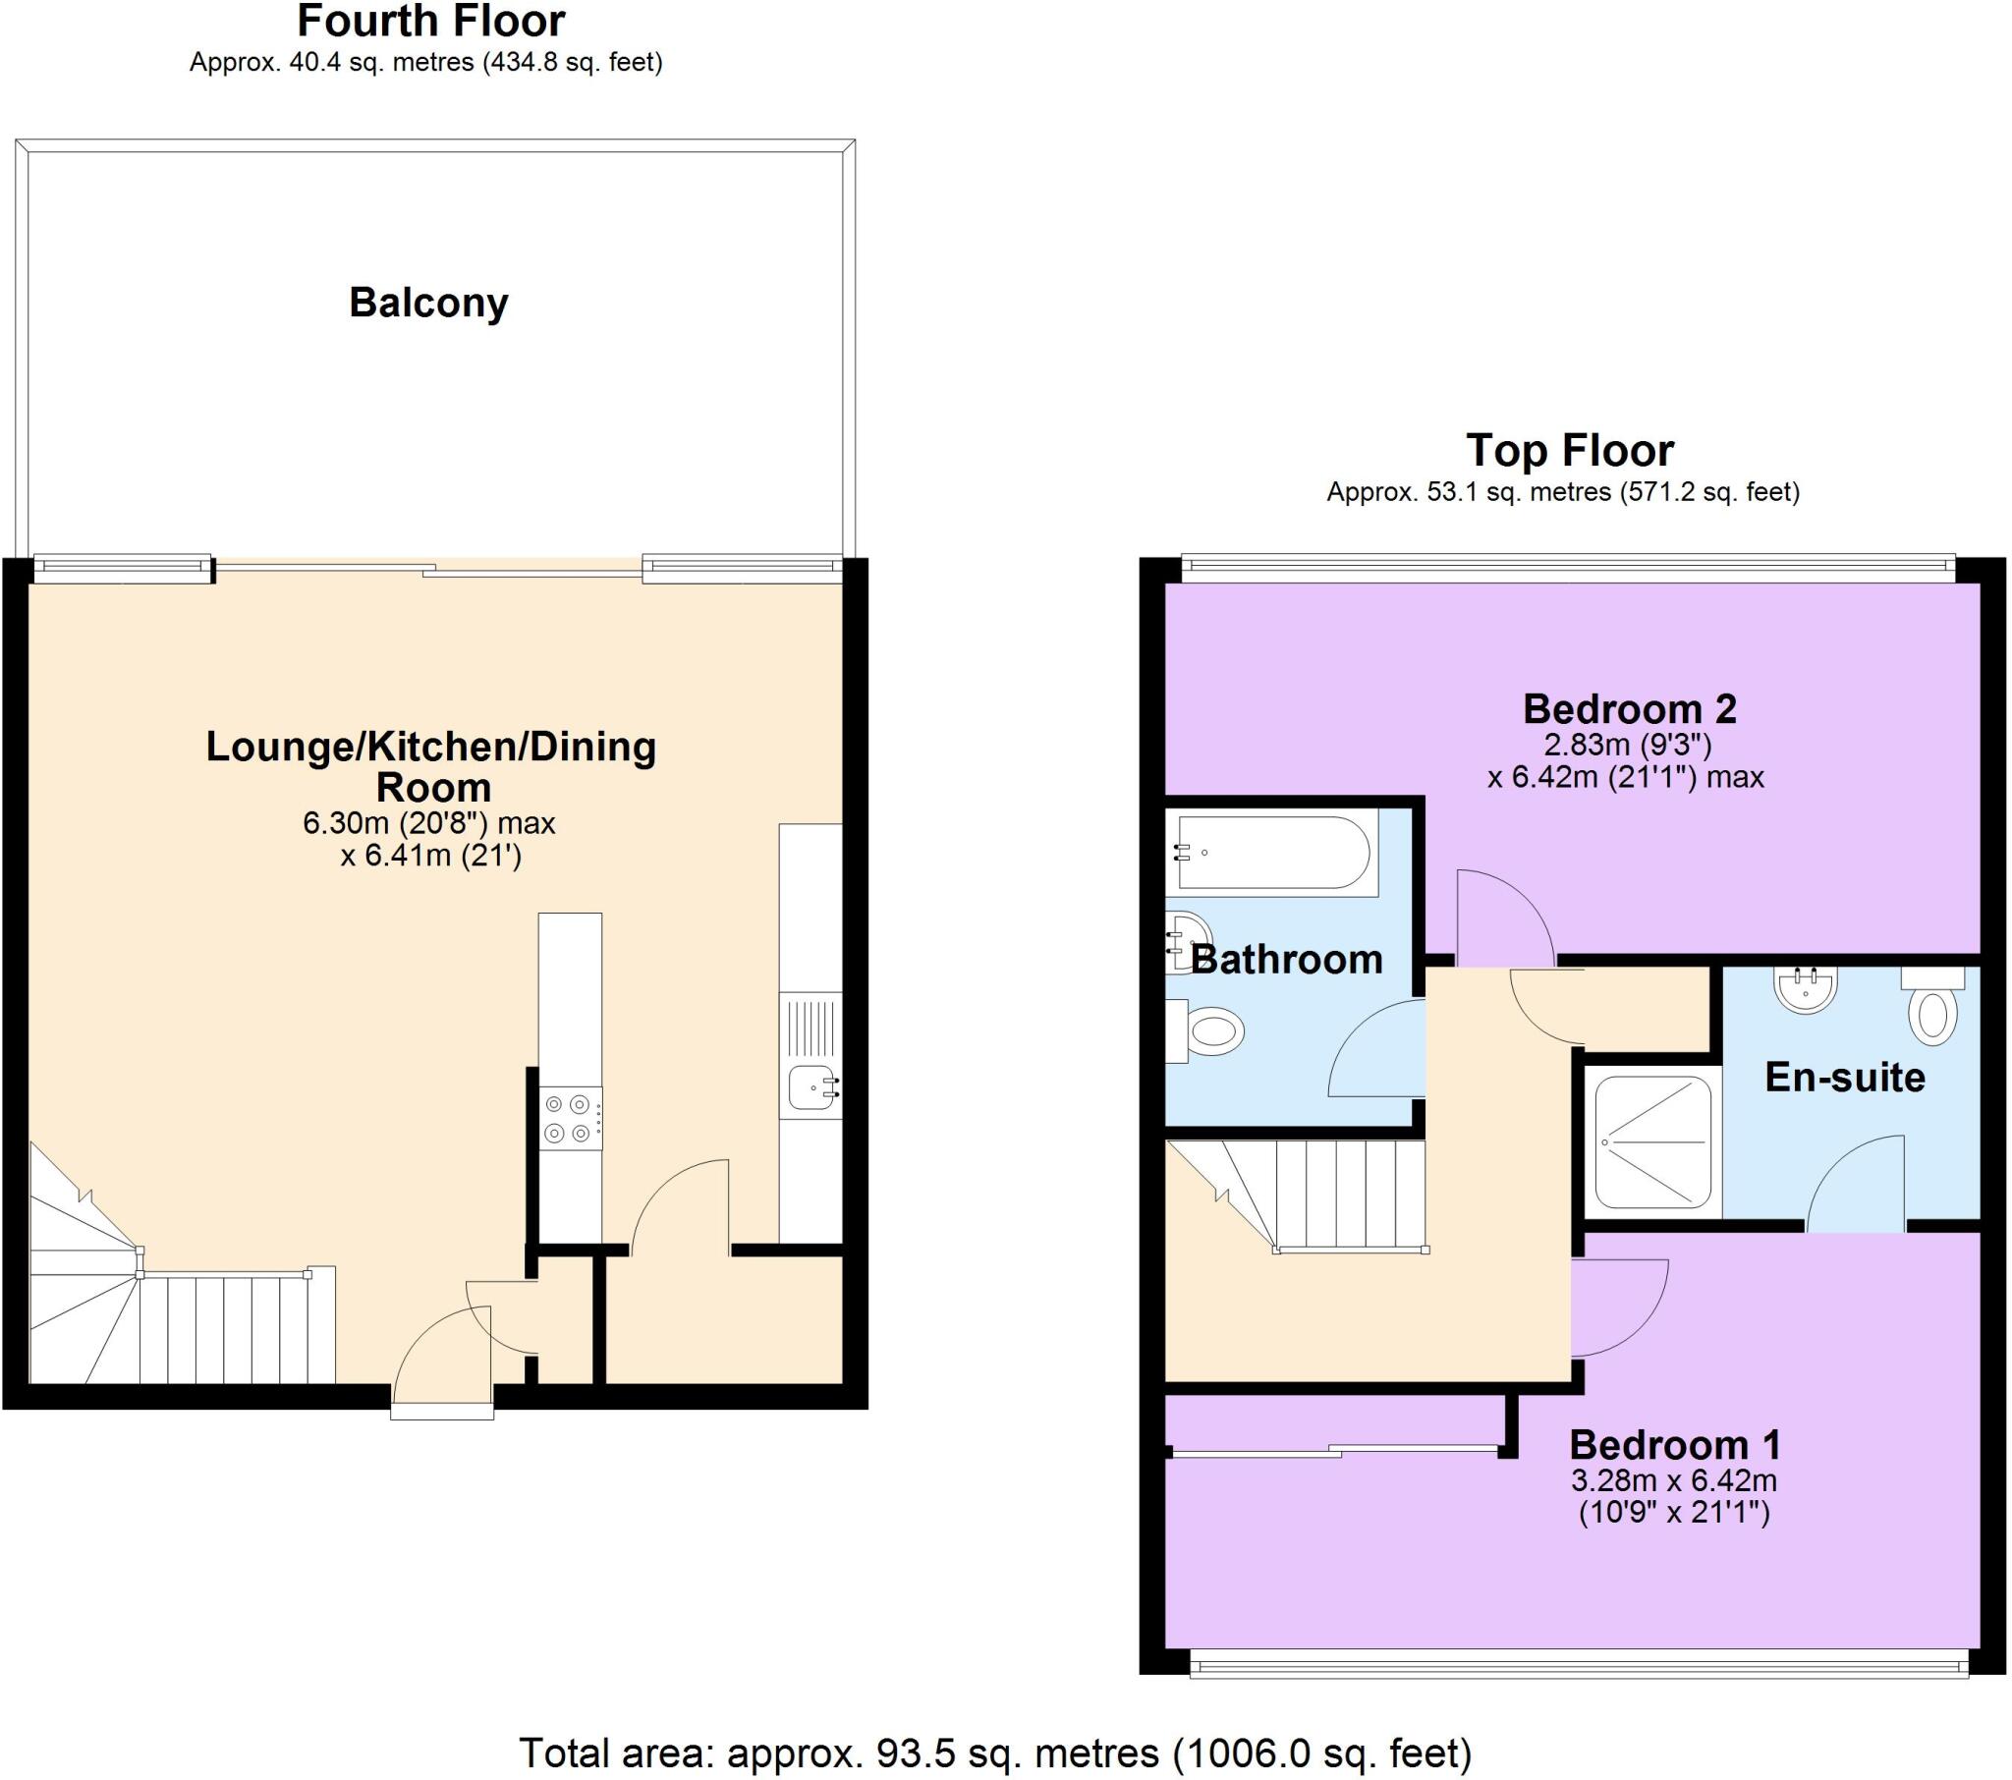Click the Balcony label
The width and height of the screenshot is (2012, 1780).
tap(428, 303)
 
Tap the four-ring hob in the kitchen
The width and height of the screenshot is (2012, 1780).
tap(570, 1119)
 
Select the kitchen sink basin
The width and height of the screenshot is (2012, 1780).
tap(811, 1086)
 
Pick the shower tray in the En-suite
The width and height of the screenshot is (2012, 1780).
tap(1652, 1142)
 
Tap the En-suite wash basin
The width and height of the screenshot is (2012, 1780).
tap(1806, 989)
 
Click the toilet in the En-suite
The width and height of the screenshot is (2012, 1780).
tap(1932, 1012)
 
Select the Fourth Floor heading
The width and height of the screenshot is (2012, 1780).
tap(431, 22)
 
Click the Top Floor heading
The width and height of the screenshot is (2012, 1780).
tap(1569, 451)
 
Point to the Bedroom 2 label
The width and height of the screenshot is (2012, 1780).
tap(1629, 709)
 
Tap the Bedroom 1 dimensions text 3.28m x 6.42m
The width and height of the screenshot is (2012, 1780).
tap(1673, 1479)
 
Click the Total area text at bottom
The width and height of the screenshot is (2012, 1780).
tap(994, 1753)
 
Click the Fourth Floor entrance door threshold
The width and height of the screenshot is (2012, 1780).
tap(441, 1413)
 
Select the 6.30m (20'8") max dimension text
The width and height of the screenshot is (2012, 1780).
tap(429, 823)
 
